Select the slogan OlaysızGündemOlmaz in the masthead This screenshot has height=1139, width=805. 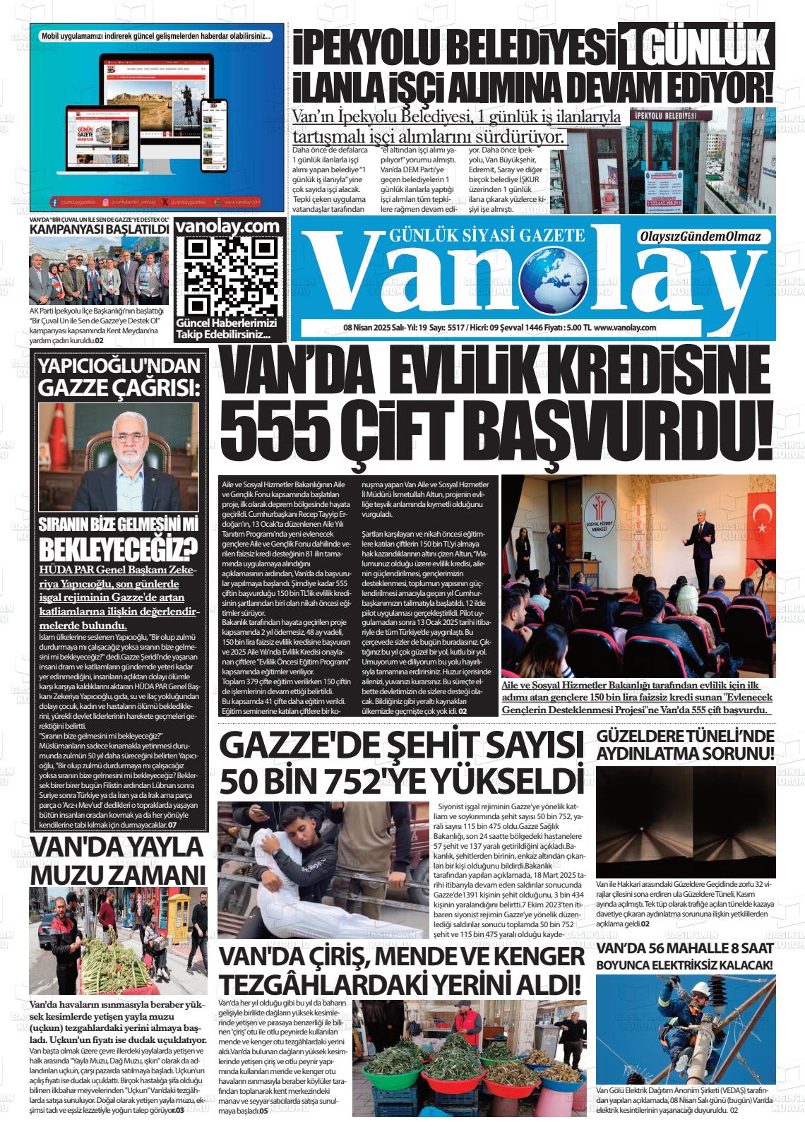[698, 237]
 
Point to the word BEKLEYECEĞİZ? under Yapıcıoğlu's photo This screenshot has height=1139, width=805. [117, 549]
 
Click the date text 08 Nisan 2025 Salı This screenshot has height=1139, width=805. [376, 328]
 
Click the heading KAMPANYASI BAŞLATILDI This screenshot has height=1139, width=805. [99, 229]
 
